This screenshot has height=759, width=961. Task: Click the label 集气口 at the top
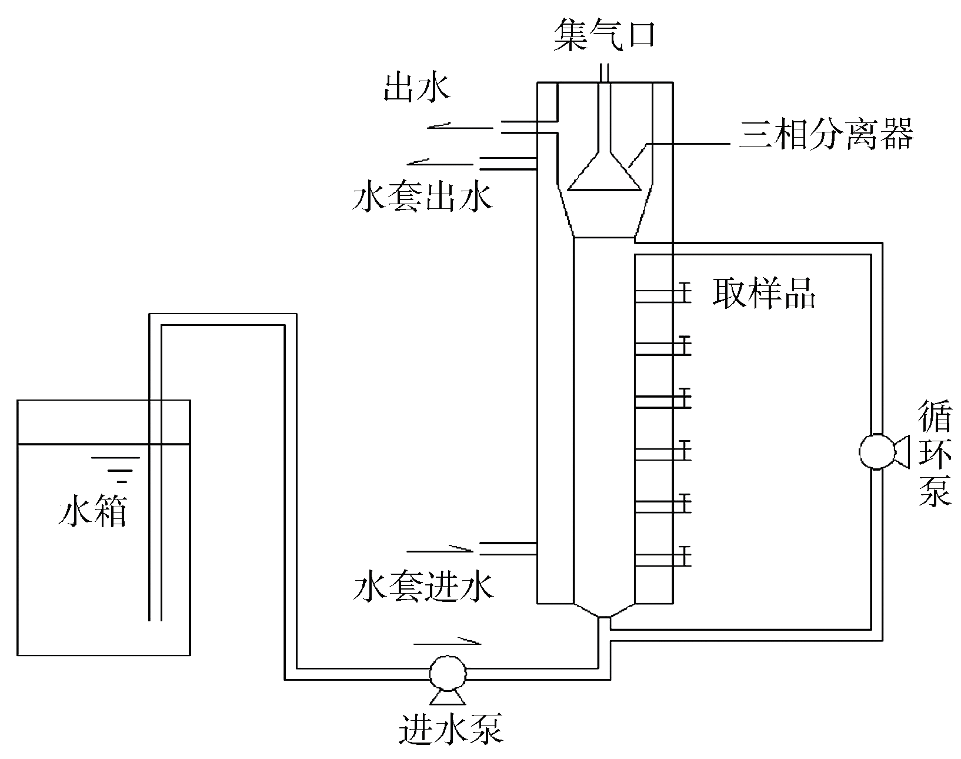click(x=604, y=37)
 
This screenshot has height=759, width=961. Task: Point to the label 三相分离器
click(x=826, y=135)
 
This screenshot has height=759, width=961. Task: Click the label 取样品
click(x=764, y=292)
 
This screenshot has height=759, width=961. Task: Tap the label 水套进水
click(x=423, y=586)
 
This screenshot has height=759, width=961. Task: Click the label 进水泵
click(x=451, y=730)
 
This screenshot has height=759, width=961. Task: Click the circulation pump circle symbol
click(x=876, y=452)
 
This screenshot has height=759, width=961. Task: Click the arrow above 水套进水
click(x=440, y=550)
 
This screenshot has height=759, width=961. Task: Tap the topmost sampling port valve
click(x=684, y=292)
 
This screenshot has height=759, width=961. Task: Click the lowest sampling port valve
click(x=684, y=555)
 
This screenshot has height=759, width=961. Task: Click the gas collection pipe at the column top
click(x=604, y=74)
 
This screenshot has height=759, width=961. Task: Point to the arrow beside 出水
click(x=459, y=126)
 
